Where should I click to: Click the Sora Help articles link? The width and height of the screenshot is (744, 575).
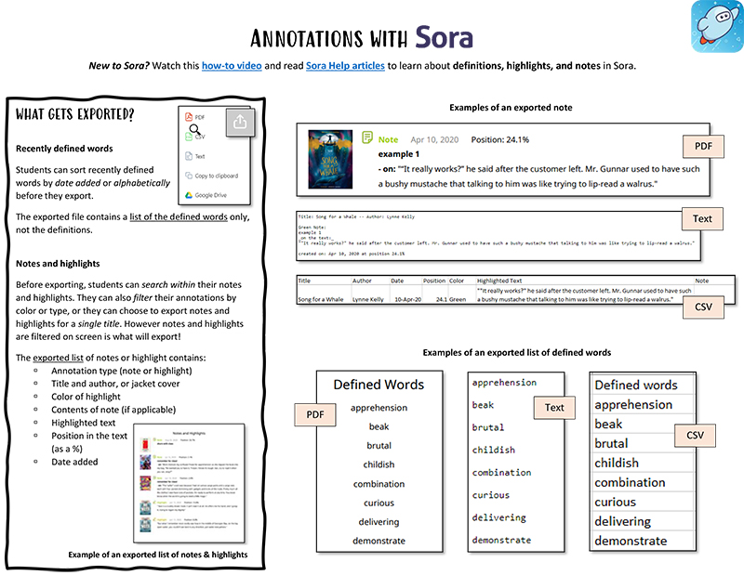345,66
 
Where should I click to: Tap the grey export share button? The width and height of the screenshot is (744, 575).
239,123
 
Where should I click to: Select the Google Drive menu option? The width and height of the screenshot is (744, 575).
210,195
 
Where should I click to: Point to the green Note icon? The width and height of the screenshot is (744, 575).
367,139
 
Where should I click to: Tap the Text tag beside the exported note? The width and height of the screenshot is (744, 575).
703,219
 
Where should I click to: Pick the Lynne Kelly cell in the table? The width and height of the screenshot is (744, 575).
370,300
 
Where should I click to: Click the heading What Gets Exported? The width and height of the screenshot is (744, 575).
75,114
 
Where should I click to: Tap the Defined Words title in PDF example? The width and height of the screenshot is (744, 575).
379,385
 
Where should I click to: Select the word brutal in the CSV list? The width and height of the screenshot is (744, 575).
611,443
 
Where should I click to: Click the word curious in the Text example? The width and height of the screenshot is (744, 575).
490,495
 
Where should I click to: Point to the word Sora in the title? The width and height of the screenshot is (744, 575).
445,37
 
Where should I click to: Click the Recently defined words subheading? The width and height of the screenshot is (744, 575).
65,150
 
